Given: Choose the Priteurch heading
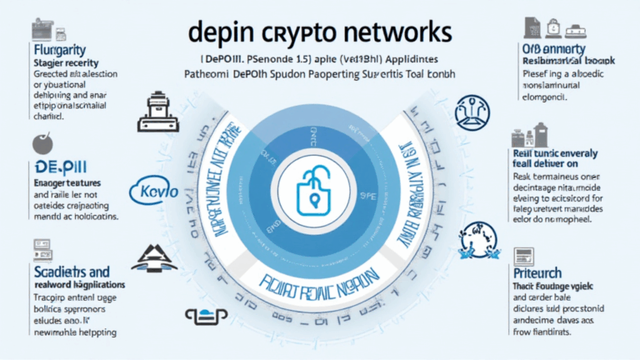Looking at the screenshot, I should pos(537,272).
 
